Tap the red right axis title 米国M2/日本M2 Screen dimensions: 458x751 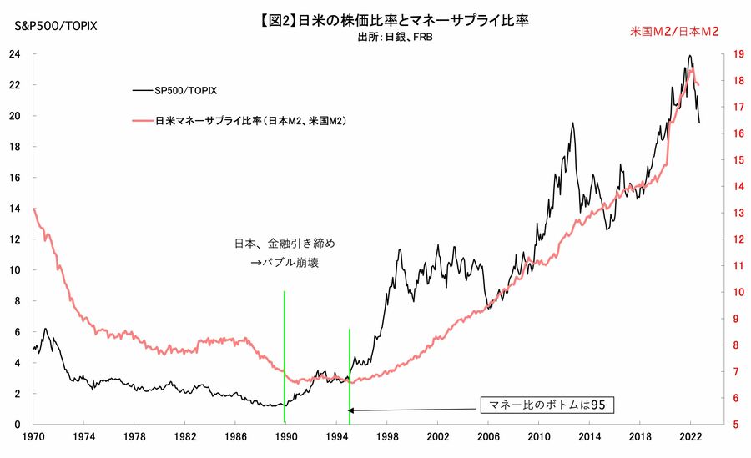[674, 31]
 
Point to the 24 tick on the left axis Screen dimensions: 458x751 [14, 54]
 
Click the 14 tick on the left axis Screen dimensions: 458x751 [14, 209]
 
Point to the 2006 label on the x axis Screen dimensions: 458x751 [488, 437]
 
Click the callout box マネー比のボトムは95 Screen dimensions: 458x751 [547, 405]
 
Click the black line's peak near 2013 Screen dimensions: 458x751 [572, 123]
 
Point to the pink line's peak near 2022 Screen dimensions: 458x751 [691, 68]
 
